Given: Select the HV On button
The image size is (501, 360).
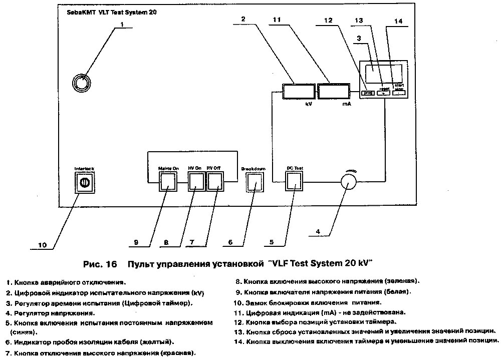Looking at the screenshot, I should point(196,181).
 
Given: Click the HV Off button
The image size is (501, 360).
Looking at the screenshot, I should point(215,181).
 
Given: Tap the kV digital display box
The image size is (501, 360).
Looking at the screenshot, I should point(297,92).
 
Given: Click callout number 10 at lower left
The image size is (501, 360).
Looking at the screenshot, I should point(43,245).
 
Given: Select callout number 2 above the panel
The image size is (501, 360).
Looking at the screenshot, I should point(243,19).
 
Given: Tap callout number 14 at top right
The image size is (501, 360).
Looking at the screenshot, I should point(398,21).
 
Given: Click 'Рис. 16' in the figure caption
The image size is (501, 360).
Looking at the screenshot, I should point(98,263).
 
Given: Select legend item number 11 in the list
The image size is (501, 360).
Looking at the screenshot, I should point(238,312).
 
